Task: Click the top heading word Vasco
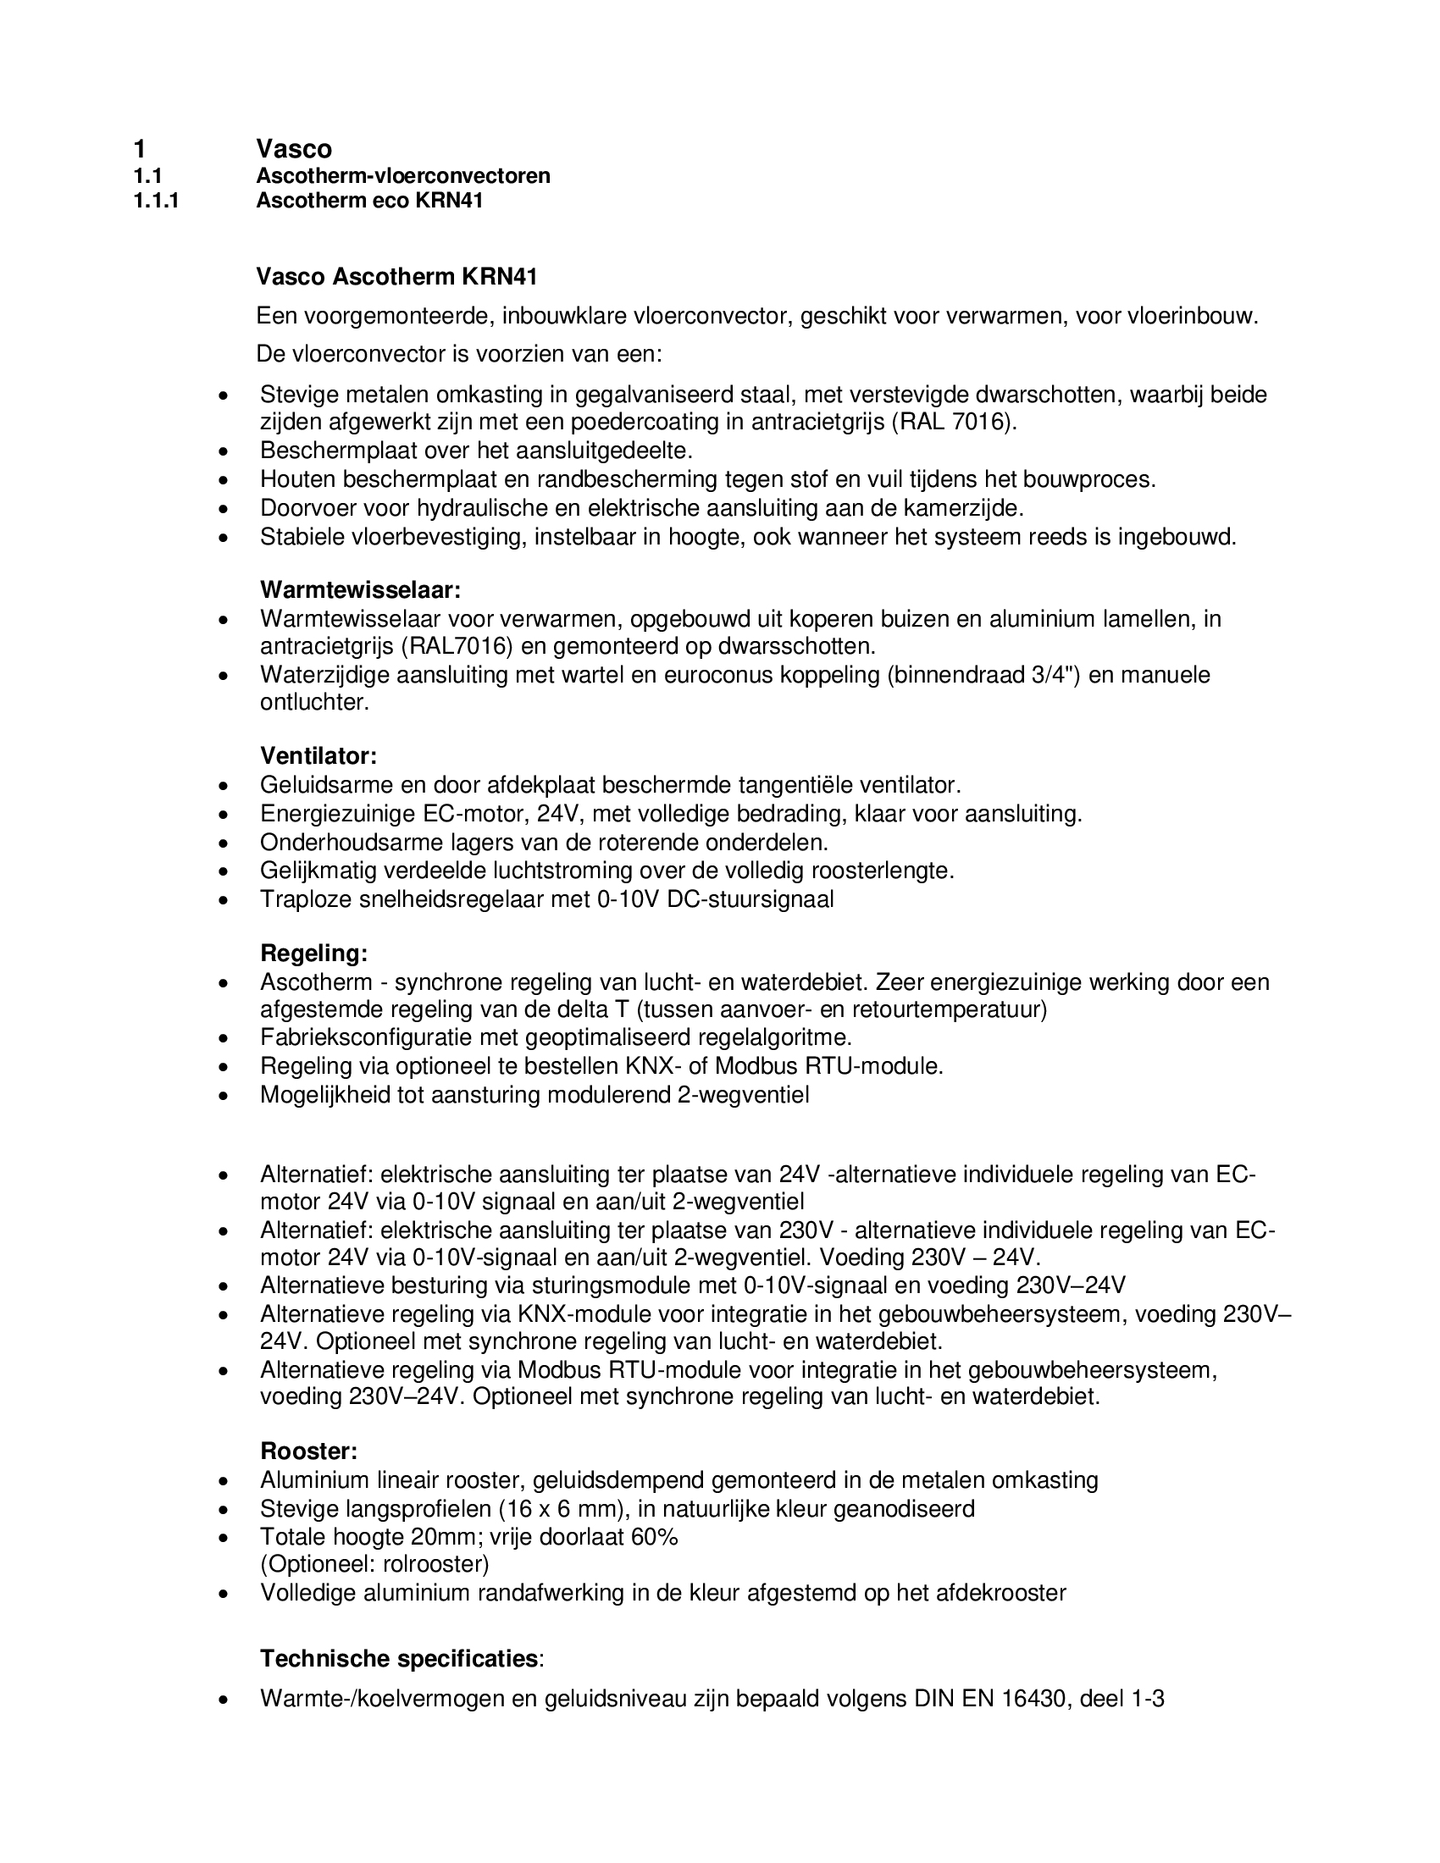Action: pos(293,149)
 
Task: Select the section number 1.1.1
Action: pos(156,202)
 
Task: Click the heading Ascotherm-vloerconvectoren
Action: pos(402,176)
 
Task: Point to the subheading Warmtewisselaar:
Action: pos(360,589)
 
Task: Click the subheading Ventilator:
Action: pos(318,755)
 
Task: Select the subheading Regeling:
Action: pos(314,953)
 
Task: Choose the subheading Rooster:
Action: pos(309,1451)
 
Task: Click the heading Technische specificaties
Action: pos(399,1658)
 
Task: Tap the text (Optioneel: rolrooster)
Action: pos(374,1564)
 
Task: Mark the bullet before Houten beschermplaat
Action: pos(224,480)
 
